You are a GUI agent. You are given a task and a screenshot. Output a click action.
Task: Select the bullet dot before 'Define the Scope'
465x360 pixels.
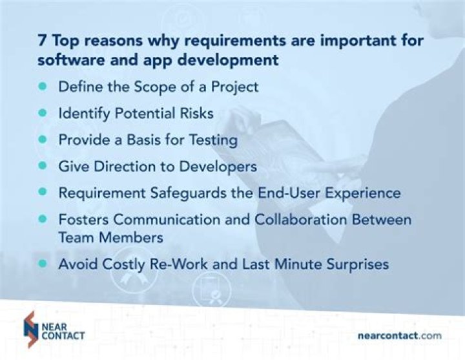pos(43,86)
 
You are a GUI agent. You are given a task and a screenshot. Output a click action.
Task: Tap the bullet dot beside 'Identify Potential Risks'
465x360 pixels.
pos(43,112)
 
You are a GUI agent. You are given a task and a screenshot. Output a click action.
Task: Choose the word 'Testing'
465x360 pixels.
pos(214,139)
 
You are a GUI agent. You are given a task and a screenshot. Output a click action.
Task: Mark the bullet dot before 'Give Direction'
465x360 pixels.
pos(43,166)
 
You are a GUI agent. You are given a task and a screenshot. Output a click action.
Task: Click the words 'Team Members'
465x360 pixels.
pos(109,237)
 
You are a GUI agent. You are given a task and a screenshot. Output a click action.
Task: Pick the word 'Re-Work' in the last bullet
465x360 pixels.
pos(190,264)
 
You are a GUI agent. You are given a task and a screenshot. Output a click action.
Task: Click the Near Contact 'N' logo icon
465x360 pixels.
pos(29,329)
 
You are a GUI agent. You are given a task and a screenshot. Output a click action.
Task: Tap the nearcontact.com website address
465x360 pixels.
pos(399,335)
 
